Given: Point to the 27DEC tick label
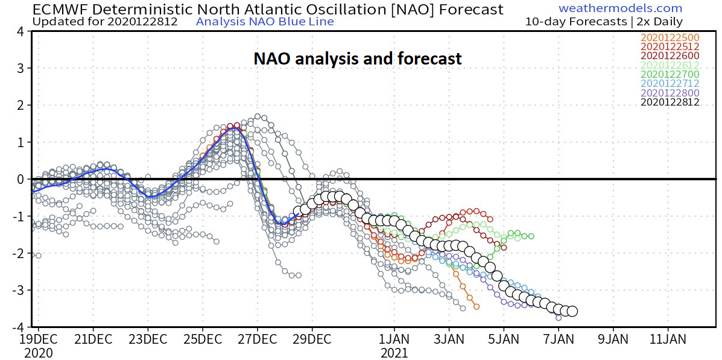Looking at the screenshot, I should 256,339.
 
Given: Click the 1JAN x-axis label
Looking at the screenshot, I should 394,339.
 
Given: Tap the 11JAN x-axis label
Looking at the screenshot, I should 668,339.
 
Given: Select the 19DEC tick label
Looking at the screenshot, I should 38,339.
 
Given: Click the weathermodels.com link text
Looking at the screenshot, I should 620,8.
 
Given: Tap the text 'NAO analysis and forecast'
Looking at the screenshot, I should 357,58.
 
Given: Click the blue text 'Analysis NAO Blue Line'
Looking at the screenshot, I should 265,22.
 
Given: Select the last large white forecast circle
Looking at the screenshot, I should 572,311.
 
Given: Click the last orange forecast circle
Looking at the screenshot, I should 477,306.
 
